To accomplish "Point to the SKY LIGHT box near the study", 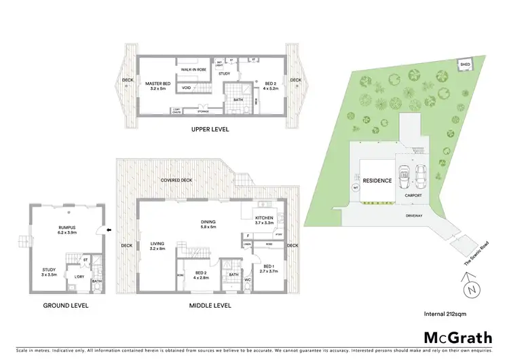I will (x=219, y=64).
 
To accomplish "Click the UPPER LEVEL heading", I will (x=210, y=129).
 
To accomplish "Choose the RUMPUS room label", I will (x=67, y=229).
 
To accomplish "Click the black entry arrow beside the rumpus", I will (x=102, y=230).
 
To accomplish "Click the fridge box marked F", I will (x=248, y=236).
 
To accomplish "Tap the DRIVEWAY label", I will (x=413, y=216).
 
